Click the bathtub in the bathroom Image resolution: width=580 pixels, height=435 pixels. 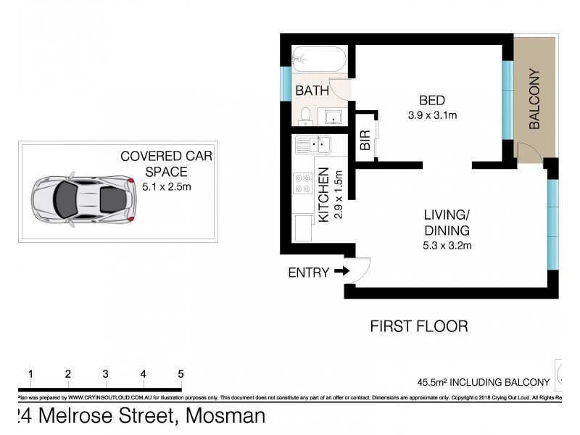(319, 59)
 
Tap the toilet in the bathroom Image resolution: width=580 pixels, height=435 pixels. (306, 115)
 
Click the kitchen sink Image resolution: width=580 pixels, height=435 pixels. (312, 145)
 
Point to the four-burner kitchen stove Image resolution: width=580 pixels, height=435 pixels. (302, 184)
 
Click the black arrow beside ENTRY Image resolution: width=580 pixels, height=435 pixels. (341, 272)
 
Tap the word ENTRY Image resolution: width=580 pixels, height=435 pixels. (308, 273)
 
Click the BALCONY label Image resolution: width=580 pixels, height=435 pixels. (535, 99)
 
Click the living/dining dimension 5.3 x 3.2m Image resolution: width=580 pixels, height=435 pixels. (447, 245)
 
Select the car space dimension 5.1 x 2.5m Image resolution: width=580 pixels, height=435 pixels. (166, 186)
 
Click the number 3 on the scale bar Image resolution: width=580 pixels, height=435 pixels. (105, 374)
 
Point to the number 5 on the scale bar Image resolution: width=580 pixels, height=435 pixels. (180, 374)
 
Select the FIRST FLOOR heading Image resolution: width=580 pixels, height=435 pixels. (418, 326)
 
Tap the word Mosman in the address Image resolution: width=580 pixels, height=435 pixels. (225, 416)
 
